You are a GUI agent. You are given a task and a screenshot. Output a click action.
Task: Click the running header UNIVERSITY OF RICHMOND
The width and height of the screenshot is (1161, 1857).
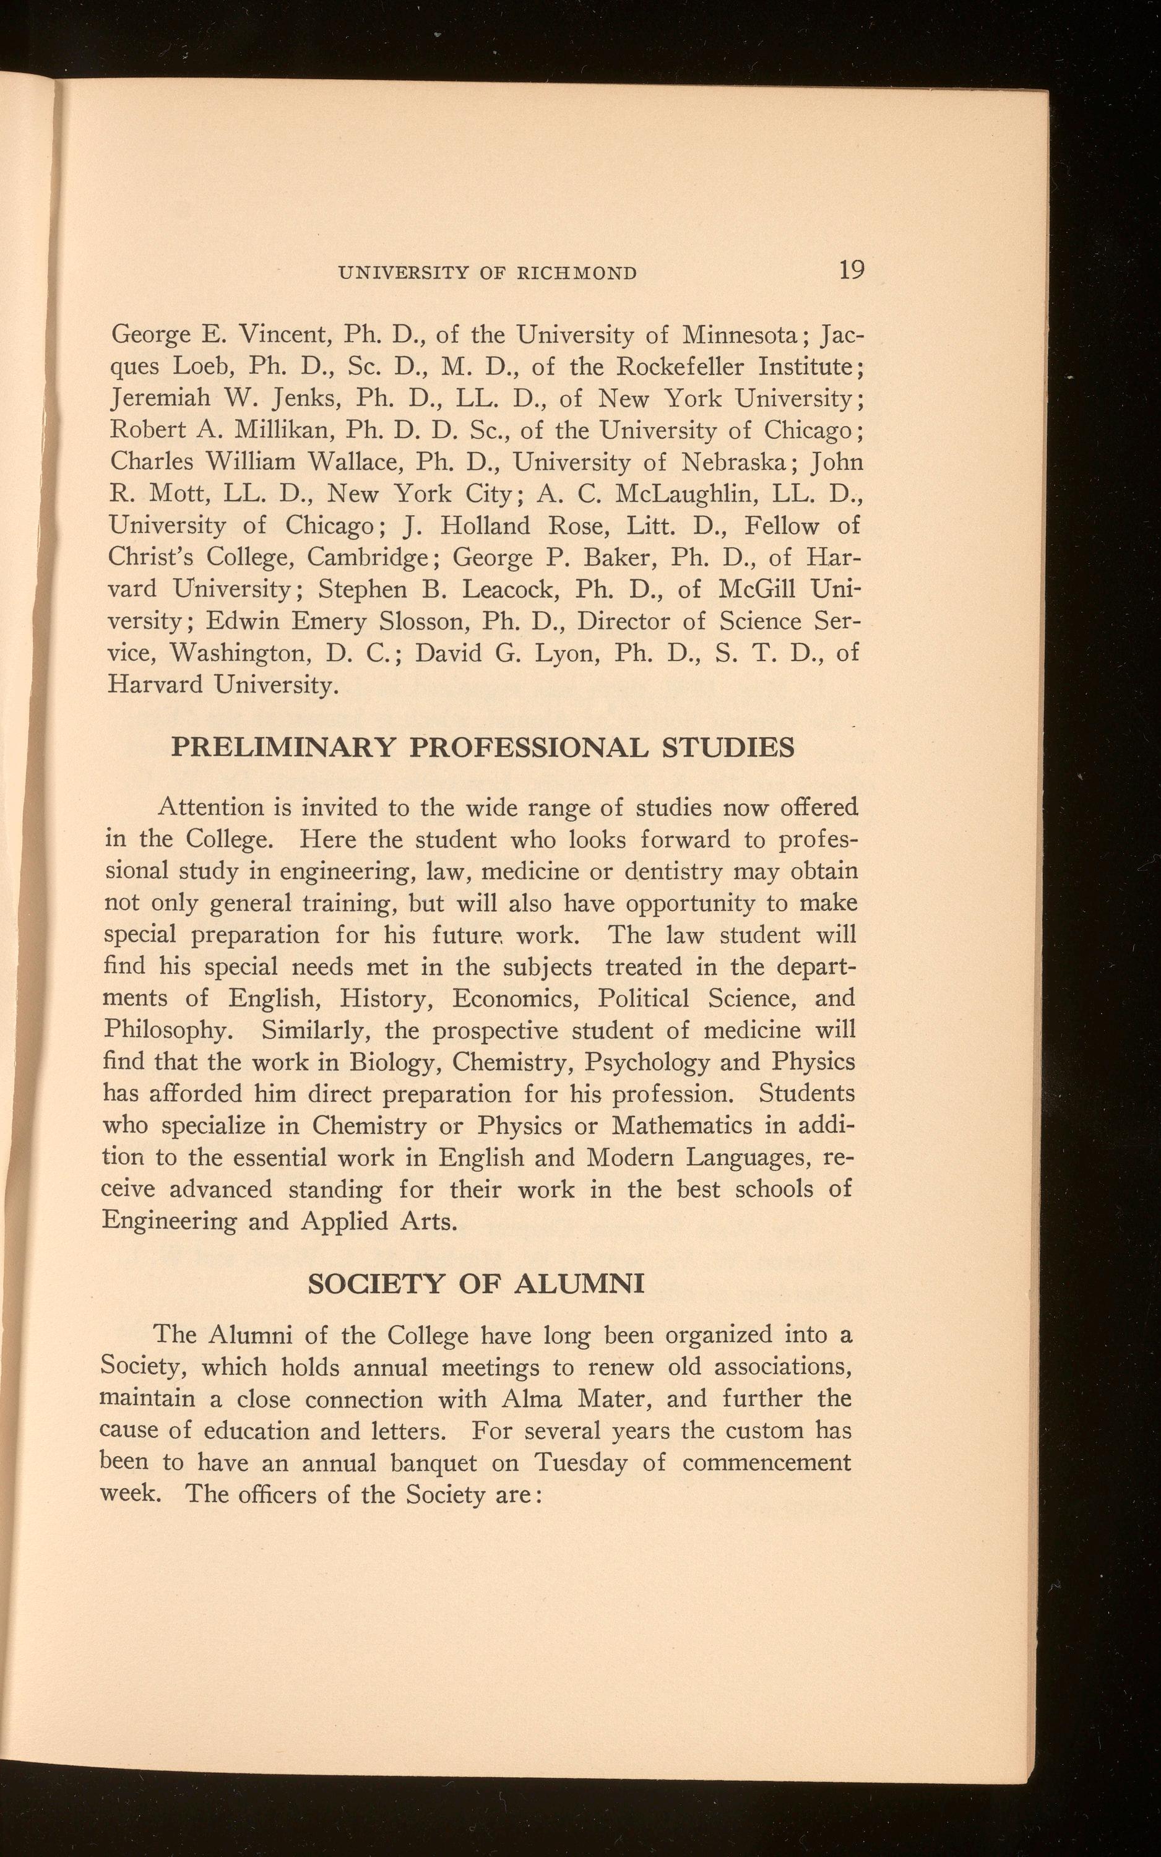point(488,272)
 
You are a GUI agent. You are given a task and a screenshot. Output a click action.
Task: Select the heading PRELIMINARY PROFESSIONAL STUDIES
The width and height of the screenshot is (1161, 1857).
point(482,747)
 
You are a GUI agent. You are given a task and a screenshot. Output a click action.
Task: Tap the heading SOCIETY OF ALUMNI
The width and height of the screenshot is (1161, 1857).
point(475,1283)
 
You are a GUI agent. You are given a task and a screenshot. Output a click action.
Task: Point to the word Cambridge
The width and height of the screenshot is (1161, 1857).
point(367,557)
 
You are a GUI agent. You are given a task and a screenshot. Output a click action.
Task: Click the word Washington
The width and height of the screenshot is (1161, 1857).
point(239,653)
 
